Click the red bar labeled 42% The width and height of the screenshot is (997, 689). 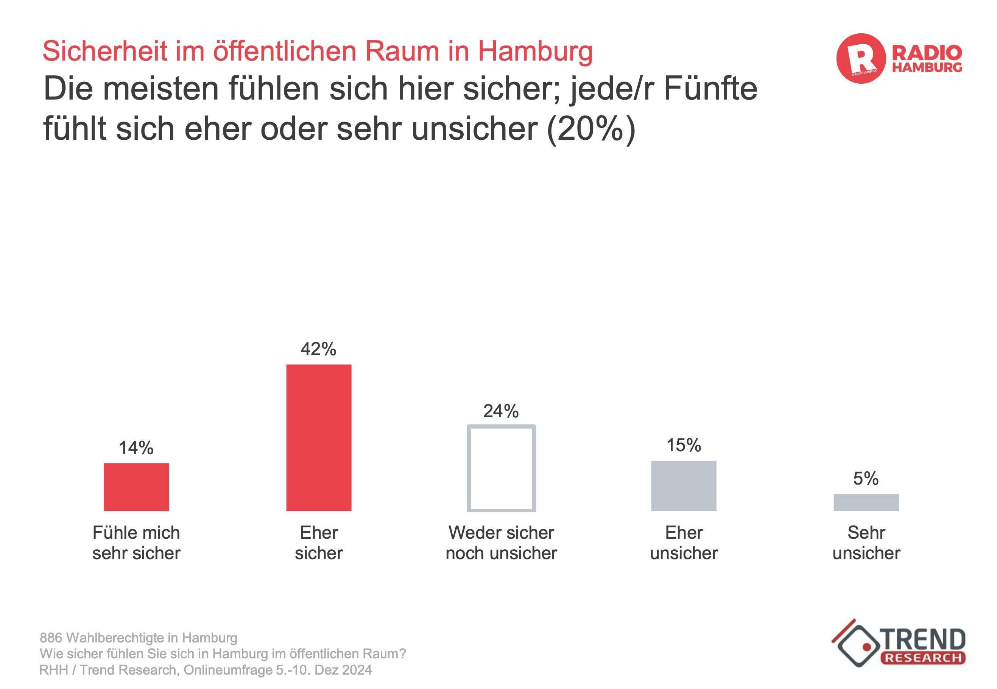319,437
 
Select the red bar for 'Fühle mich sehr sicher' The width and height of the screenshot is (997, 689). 136,486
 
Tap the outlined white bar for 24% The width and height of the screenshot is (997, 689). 501,468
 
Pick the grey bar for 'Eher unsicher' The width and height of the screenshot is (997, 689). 683,485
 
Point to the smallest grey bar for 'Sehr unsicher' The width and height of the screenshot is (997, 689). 866,502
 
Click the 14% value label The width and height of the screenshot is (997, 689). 136,448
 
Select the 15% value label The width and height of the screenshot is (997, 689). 683,445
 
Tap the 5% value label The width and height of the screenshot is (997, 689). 866,479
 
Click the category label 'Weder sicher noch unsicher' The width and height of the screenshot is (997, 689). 501,542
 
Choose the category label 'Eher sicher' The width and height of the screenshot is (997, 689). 319,542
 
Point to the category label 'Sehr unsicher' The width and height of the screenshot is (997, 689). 866,542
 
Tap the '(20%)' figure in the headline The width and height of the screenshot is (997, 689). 591,129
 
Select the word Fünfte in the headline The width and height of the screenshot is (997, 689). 710,89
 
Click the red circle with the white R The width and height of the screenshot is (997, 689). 861,58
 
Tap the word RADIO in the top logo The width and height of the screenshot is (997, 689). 927,53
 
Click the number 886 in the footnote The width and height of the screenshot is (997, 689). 51,638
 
